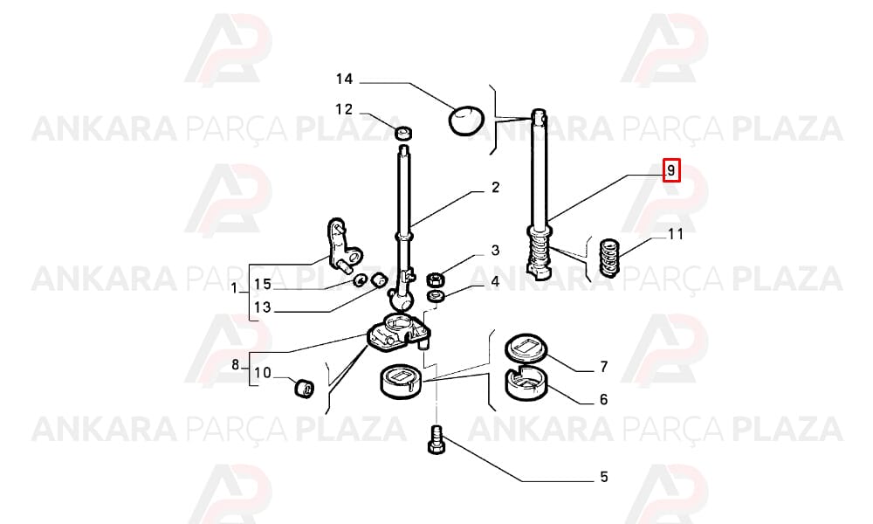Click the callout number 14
coord(344,79)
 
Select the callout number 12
coord(344,110)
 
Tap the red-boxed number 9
coord(670,169)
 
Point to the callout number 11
coord(675,234)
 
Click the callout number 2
coord(496,188)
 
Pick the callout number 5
coord(604,477)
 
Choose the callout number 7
coord(604,367)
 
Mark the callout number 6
coord(604,399)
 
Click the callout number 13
coord(262,307)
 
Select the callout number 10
coord(262,373)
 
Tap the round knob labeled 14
coord(466,120)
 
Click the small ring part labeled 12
coord(404,133)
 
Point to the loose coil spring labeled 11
coord(609,258)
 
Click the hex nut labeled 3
coord(434,279)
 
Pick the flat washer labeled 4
coord(436,295)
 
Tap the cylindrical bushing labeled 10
coord(304,388)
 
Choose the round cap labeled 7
coord(526,348)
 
